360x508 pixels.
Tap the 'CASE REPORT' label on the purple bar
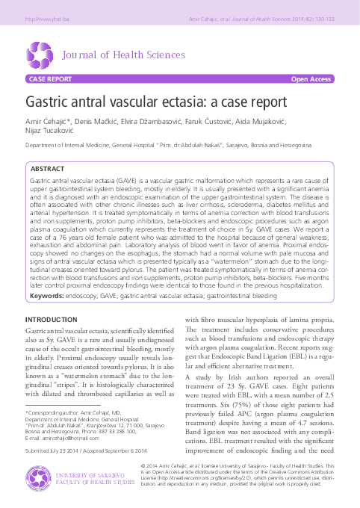point(50,78)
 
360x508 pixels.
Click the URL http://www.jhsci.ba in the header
point(45,17)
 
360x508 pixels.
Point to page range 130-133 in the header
point(323,17)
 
